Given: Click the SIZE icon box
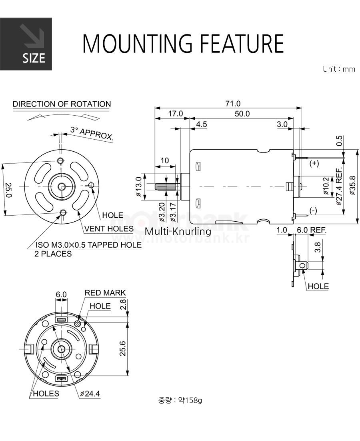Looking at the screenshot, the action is pyautogui.click(x=26, y=44).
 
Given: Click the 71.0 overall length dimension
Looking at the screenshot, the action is pyautogui.click(x=233, y=104).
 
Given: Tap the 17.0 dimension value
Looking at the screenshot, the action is pyautogui.click(x=175, y=114).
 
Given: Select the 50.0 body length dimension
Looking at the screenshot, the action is pyautogui.click(x=242, y=114).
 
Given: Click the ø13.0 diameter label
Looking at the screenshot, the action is pyautogui.click(x=138, y=186).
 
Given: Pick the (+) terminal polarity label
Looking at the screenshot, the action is pyautogui.click(x=314, y=163).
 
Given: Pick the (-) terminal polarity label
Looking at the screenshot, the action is pyautogui.click(x=313, y=210).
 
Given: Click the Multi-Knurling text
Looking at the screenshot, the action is pyautogui.click(x=178, y=231).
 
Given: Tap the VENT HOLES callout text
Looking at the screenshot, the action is pyautogui.click(x=109, y=229).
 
